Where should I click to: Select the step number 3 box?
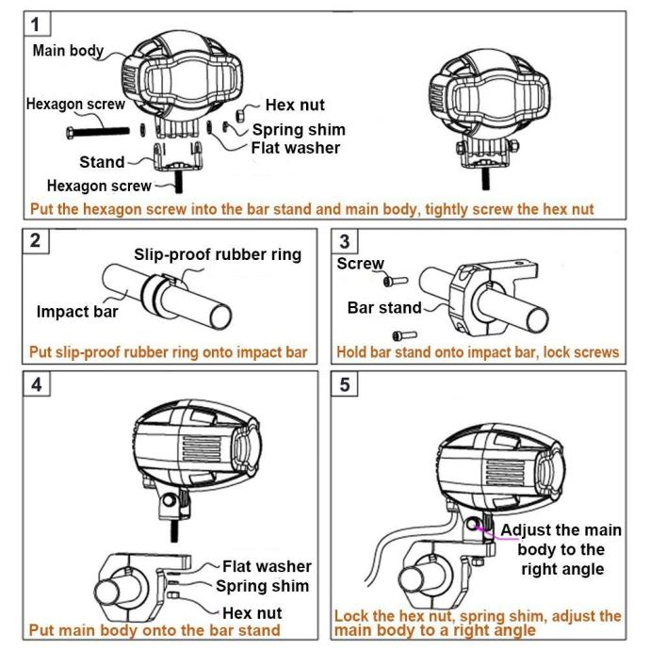[348, 240]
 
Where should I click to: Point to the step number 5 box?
[348, 384]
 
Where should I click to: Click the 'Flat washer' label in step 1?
[294, 147]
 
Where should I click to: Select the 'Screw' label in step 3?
[360, 264]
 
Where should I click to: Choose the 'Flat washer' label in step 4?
[267, 567]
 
